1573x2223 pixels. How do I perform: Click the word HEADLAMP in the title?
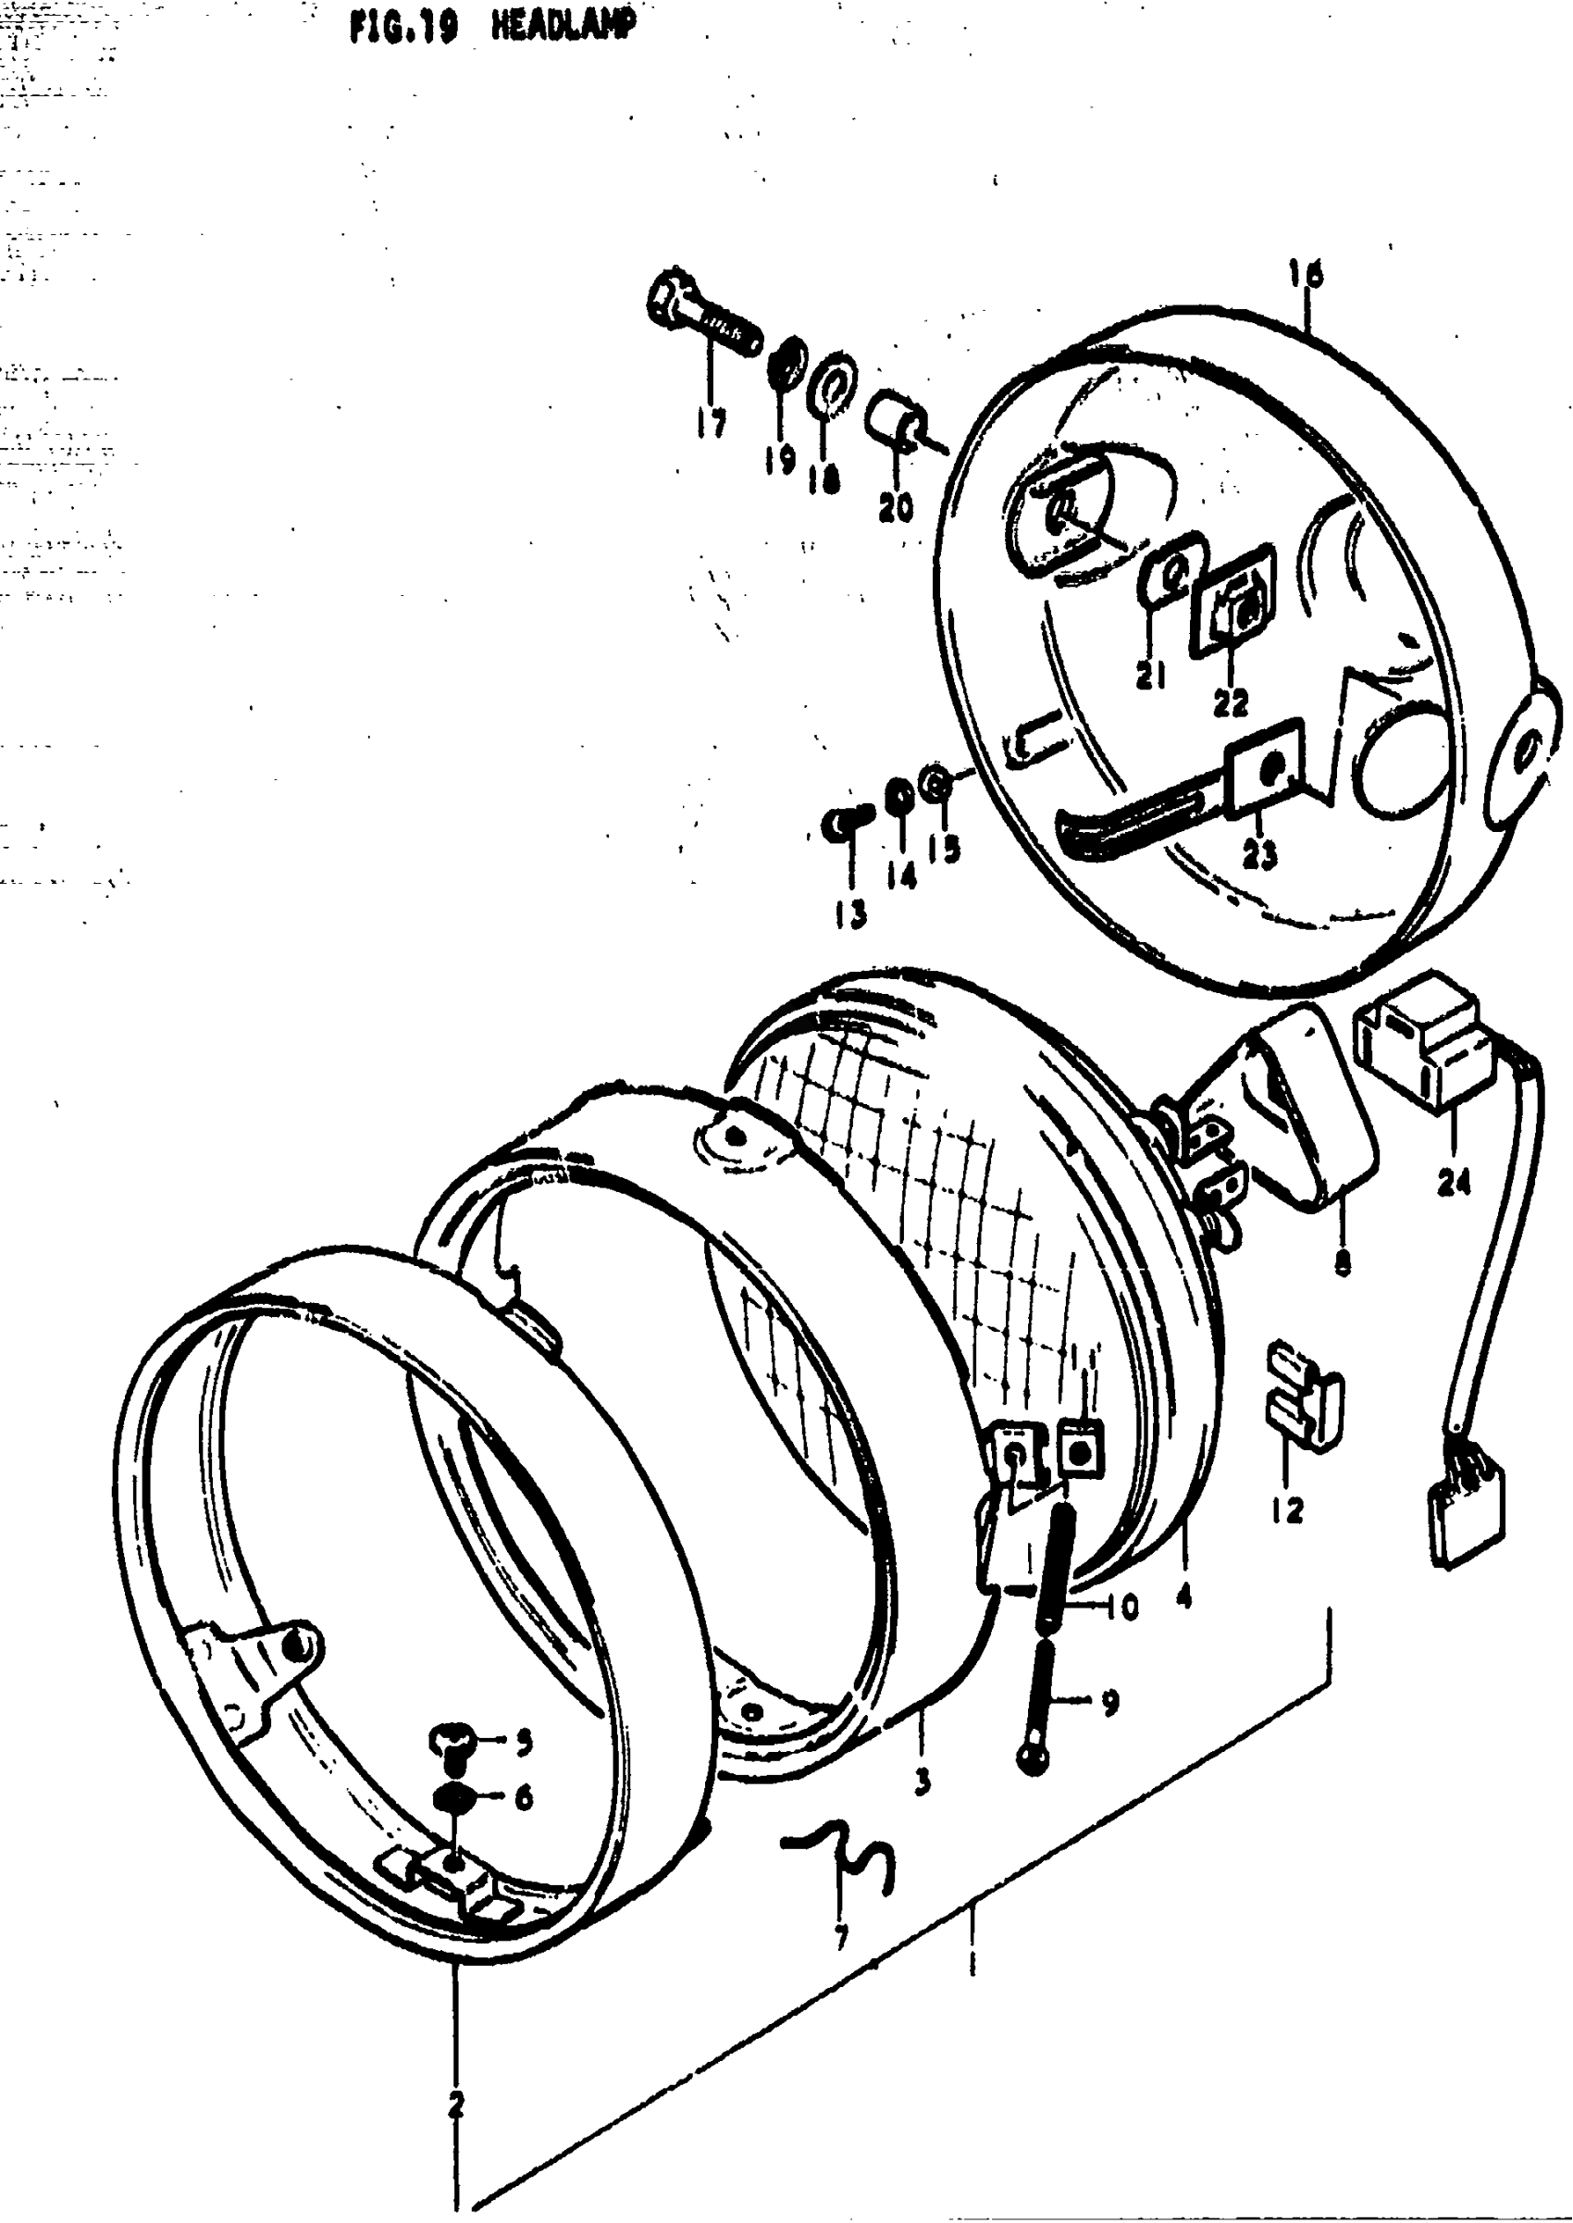click(x=564, y=27)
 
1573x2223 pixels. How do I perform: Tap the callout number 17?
click(x=711, y=422)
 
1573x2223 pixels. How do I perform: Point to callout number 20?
click(x=896, y=506)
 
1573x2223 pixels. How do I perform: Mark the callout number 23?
click(x=1260, y=854)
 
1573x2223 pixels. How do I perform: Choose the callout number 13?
click(x=851, y=913)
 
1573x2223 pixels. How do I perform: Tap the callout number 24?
click(x=1454, y=1181)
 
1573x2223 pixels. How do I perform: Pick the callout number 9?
click(x=1109, y=1702)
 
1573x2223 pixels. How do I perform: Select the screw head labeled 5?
click(x=452, y=1741)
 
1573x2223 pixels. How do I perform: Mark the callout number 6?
click(x=523, y=1798)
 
